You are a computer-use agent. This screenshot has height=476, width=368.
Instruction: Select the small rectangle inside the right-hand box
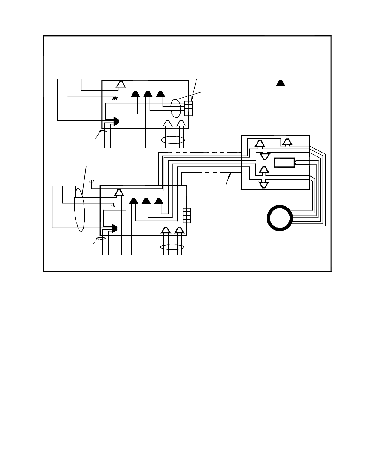pyautogui.click(x=284, y=162)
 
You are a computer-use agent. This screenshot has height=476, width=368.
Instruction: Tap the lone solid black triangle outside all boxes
pyautogui.click(x=280, y=83)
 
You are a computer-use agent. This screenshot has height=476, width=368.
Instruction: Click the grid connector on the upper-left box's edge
pyautogui.click(x=188, y=108)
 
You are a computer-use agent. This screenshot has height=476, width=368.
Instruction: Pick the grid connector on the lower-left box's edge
pyautogui.click(x=186, y=215)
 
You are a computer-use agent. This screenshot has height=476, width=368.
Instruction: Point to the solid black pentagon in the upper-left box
pyautogui.click(x=116, y=121)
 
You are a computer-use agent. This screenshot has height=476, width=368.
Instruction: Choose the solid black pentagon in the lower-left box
pyautogui.click(x=114, y=228)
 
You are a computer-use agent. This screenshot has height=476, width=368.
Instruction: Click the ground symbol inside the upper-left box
pyautogui.click(x=114, y=98)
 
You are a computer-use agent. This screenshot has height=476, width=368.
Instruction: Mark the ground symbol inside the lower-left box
pyautogui.click(x=113, y=205)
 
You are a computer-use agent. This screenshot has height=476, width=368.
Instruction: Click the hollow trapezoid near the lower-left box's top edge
pyautogui.click(x=119, y=193)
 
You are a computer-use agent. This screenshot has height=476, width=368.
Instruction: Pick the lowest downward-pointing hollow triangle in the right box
pyautogui.click(x=263, y=185)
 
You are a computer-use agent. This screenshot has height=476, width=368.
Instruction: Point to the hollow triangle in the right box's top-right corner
pyautogui.click(x=287, y=142)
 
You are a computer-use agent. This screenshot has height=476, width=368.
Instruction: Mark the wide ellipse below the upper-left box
pyautogui.click(x=173, y=140)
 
